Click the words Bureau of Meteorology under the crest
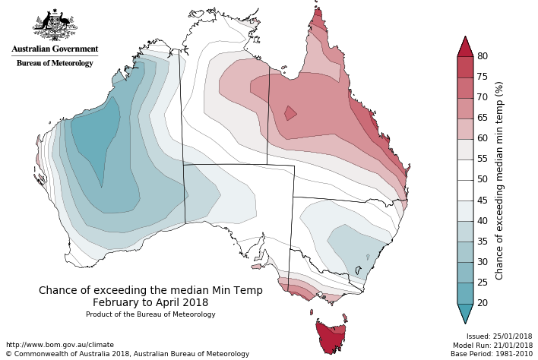pos(55,63)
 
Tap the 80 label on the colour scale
pos(482,56)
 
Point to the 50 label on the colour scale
pos(482,179)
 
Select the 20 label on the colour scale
pos(482,303)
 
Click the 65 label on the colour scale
pos(482,118)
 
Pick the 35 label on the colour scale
pos(482,242)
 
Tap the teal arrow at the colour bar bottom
pos(465,312)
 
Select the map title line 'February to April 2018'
pos(150,302)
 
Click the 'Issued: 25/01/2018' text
pos(499,336)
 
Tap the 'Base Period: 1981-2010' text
pos(492,353)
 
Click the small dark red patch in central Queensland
pos(290,113)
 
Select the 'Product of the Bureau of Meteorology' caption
pos(150,314)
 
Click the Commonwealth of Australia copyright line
pos(127,354)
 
